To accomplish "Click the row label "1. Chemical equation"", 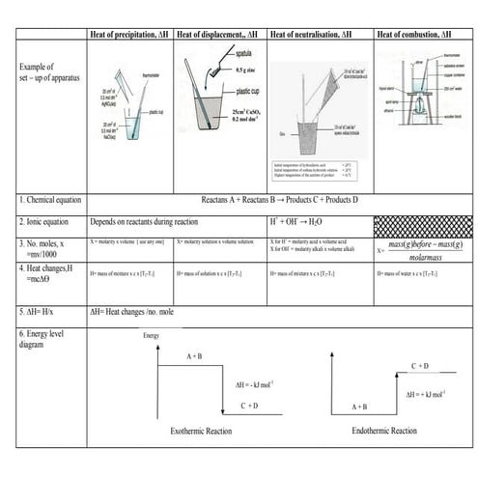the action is click(54, 200).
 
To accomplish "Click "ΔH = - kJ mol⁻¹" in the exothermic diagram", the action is click(259, 384).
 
